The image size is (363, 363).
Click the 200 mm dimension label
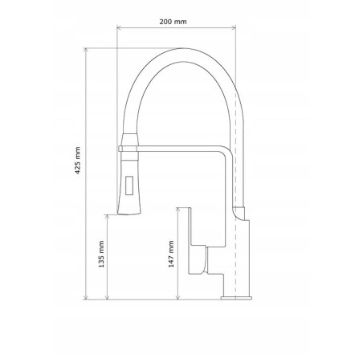click(x=173, y=22)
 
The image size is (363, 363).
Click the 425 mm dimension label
click(x=78, y=161)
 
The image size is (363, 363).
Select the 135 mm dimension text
click(x=101, y=255)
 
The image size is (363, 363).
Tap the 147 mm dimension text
click(x=171, y=254)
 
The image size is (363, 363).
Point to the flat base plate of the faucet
click(x=236, y=298)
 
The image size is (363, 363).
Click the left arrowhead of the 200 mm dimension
click(x=119, y=27)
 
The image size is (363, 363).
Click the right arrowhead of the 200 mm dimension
click(x=234, y=27)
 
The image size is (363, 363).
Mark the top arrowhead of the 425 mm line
click(x=86, y=51)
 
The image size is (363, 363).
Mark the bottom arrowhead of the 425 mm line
click(x=86, y=297)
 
